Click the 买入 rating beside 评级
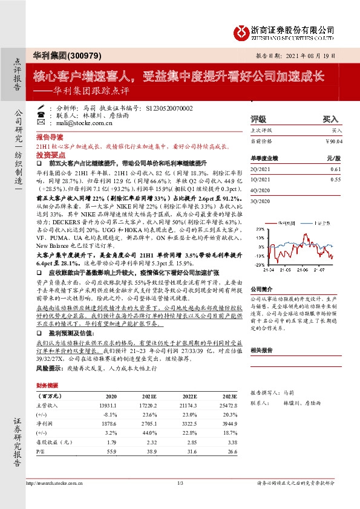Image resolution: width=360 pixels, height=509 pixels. tap(330, 119)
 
